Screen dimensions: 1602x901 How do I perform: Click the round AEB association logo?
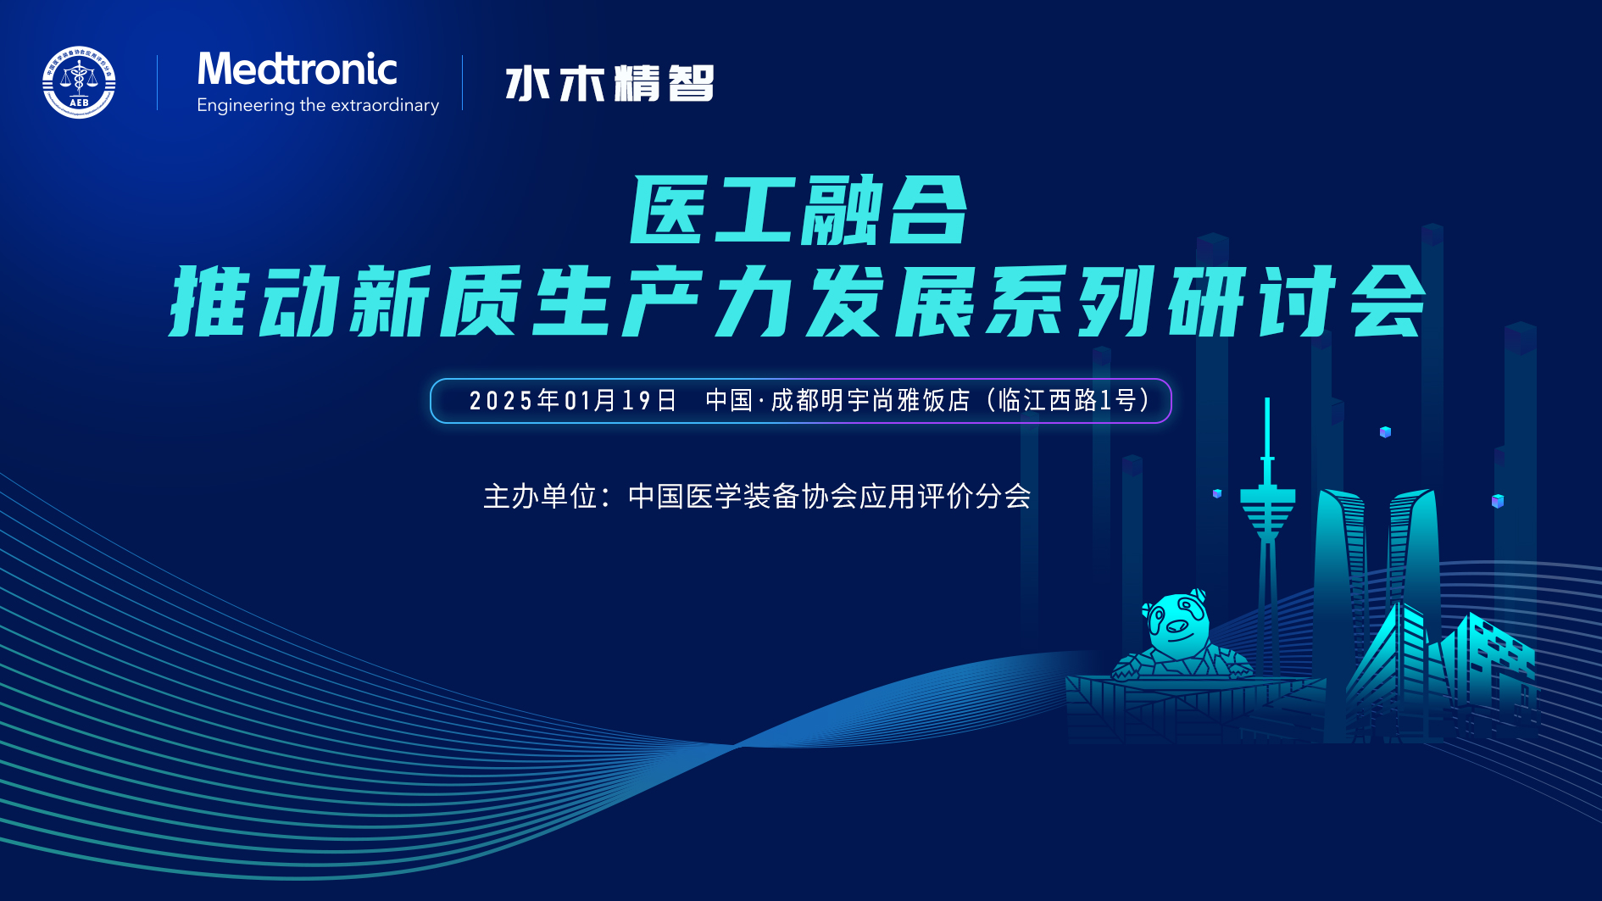79,82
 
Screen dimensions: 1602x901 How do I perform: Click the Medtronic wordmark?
297,69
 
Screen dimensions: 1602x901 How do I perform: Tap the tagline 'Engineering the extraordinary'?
318,105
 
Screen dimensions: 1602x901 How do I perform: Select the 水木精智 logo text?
609,83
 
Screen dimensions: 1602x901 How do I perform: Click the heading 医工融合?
798,210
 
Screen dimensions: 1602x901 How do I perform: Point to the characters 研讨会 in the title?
1297,301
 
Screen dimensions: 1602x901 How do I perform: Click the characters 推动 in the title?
256,301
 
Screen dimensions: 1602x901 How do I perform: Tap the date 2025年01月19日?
573,400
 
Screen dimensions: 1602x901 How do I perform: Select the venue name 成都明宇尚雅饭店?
870,400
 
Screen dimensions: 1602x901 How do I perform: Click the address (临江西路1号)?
1069,400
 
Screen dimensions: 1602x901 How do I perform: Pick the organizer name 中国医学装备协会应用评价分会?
829,496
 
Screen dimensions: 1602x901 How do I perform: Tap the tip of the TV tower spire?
1267,399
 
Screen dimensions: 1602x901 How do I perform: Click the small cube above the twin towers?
1385,432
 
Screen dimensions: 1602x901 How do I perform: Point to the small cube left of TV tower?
1217,493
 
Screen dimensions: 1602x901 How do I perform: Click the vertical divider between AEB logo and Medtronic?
158,82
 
